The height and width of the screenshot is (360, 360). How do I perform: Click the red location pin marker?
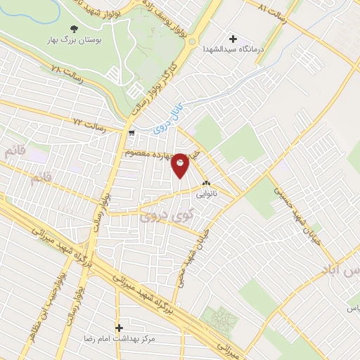click(181, 165)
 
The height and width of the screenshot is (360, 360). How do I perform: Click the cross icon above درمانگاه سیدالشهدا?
click(233, 37)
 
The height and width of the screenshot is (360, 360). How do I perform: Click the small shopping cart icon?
click(131, 132)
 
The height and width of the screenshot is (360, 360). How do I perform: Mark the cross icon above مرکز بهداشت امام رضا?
click(119, 328)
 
